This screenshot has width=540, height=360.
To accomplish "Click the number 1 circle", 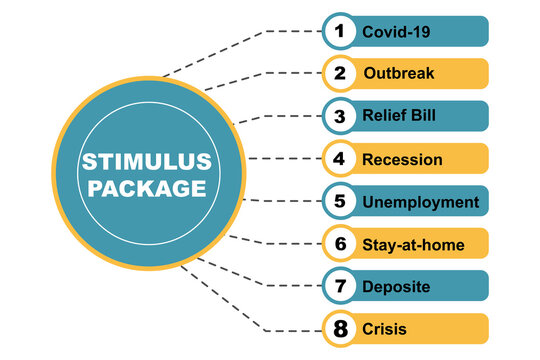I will click(x=340, y=31).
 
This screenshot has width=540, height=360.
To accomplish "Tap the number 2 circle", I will click(x=340, y=74).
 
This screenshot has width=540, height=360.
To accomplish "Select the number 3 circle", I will click(x=340, y=116).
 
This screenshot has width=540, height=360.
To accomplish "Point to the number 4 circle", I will click(x=340, y=159).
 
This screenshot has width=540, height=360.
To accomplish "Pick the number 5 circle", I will click(x=340, y=201).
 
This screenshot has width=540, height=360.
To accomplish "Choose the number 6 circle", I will click(x=340, y=244).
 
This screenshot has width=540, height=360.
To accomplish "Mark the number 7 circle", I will click(x=340, y=287).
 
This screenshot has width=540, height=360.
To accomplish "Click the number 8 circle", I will click(x=340, y=329).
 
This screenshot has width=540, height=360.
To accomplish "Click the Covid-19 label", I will click(x=395, y=32).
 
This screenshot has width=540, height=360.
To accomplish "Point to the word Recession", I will click(x=402, y=159).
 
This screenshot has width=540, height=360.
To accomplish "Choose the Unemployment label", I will click(x=420, y=202).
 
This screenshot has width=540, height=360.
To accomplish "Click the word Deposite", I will click(x=396, y=287).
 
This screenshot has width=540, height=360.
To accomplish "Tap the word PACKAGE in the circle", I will click(x=147, y=190).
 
